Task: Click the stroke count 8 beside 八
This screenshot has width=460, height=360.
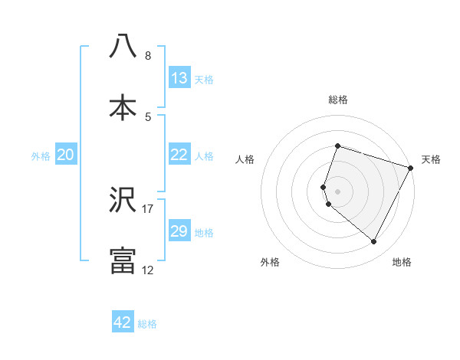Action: (x=147, y=55)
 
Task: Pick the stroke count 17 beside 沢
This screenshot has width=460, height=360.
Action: (x=147, y=208)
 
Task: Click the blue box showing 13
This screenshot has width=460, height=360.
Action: (x=179, y=78)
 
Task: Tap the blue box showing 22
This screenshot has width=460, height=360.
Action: (x=179, y=155)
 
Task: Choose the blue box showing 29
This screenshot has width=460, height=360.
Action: (x=179, y=231)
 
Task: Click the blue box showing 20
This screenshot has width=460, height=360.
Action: (x=66, y=155)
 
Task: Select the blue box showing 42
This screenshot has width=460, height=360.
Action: (x=123, y=322)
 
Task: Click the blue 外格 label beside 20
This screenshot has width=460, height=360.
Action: (x=41, y=156)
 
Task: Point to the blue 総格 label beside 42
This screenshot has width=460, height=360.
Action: (x=147, y=324)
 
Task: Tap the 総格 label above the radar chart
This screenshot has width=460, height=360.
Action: (x=337, y=100)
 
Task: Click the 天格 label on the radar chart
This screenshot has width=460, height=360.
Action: (x=432, y=159)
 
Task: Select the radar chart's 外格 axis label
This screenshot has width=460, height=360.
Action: (x=270, y=263)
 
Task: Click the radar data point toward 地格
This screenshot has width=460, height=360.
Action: (x=374, y=242)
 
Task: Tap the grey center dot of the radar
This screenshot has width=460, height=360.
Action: (x=337, y=191)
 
